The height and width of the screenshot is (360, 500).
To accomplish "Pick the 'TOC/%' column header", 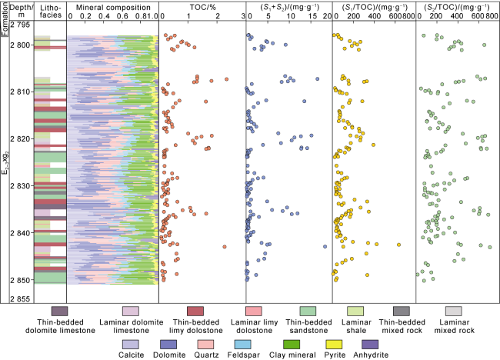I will coord(202,6).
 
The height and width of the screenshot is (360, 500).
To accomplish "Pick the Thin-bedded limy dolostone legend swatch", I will coord(202,311).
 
